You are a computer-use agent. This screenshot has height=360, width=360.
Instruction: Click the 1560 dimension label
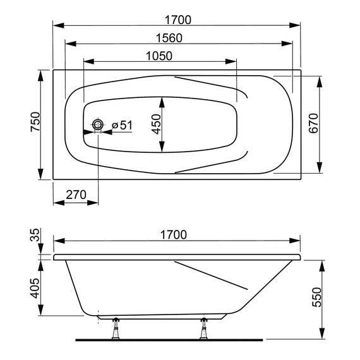169,38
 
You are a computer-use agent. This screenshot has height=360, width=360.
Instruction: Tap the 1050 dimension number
159,56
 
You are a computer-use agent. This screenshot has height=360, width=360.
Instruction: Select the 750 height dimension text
35,122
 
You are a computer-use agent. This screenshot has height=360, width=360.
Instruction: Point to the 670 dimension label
314,123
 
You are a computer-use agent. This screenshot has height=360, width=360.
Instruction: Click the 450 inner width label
157,124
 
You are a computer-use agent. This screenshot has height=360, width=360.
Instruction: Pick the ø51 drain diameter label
122,125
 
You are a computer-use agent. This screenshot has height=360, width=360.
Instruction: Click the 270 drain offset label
76,195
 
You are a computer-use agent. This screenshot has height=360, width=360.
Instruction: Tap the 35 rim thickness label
35,234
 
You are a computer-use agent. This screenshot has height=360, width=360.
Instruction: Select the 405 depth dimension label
35,288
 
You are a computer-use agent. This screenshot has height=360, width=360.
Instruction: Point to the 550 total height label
316,297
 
